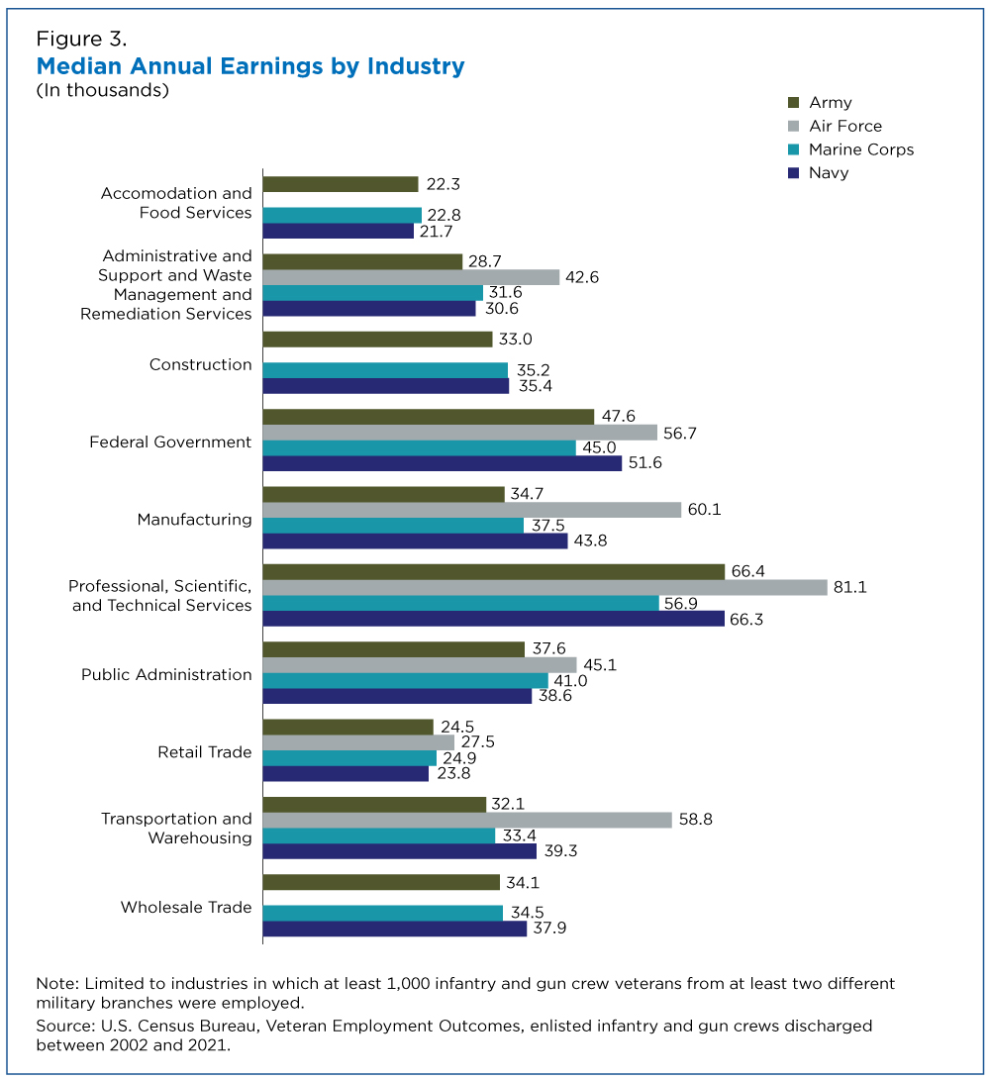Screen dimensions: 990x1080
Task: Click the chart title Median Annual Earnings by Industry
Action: [250, 66]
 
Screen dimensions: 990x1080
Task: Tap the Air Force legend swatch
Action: [794, 126]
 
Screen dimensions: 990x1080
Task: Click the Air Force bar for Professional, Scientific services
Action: [544, 587]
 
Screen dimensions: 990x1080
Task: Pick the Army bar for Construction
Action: [377, 339]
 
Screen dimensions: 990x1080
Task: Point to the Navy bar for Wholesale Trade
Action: [395, 929]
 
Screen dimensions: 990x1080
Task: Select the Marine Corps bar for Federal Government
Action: [420, 447]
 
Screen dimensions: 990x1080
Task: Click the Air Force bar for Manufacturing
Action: [472, 510]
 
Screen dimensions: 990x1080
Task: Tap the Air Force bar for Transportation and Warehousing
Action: [467, 820]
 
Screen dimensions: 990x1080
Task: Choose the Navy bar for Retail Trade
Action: [346, 773]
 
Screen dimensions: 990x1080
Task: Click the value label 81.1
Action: [850, 587]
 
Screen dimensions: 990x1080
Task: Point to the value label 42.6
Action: [582, 277]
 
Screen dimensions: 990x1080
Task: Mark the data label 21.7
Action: [437, 232]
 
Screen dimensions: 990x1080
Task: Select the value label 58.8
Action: [696, 819]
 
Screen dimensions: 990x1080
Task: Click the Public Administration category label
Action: [166, 674]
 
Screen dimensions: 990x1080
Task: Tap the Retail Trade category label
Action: [205, 752]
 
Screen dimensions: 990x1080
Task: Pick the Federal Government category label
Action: [170, 442]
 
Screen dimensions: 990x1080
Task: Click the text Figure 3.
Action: [81, 39]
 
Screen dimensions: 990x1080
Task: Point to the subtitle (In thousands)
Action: [103, 90]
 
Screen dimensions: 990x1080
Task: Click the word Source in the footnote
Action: [65, 1026]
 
